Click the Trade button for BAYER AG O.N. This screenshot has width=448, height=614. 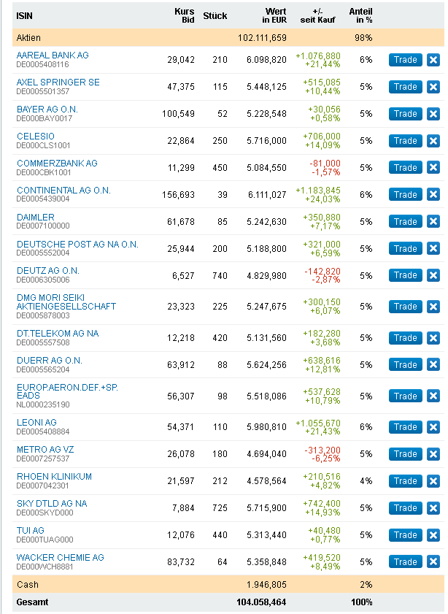pos(405,114)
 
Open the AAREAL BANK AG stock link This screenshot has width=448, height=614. pos(53,55)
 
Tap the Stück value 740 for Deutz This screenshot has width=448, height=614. pos(220,276)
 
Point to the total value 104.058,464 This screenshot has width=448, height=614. pos(262,602)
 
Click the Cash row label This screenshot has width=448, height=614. pos(28,585)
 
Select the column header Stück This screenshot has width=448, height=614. pos(215,15)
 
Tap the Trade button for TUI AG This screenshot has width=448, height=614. pos(405,535)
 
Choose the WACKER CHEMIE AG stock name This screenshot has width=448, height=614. pos(60,558)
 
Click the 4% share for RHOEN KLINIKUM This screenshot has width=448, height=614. pos(366,481)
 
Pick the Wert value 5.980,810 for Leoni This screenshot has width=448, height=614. pos(262,427)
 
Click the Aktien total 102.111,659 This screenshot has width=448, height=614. pos(262,37)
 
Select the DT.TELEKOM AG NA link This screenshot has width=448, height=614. pos(58,333)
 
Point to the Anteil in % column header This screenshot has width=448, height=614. pos(360,15)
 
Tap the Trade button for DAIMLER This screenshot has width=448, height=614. pos(405,222)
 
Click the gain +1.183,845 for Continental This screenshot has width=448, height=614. pos(318,191)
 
